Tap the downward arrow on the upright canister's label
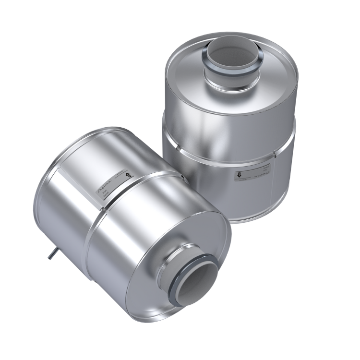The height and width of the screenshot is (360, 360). [238, 175]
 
